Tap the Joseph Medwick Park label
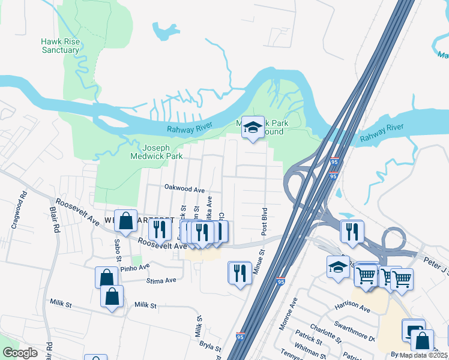[x=156, y=152]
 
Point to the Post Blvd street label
[x=264, y=221]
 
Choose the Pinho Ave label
[x=134, y=267]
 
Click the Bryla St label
[x=211, y=346]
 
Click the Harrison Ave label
[x=352, y=307]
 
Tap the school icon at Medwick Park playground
[x=253, y=127]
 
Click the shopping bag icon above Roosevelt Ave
[x=126, y=221]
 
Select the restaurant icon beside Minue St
[x=240, y=272]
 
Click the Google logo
[x=20, y=353]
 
